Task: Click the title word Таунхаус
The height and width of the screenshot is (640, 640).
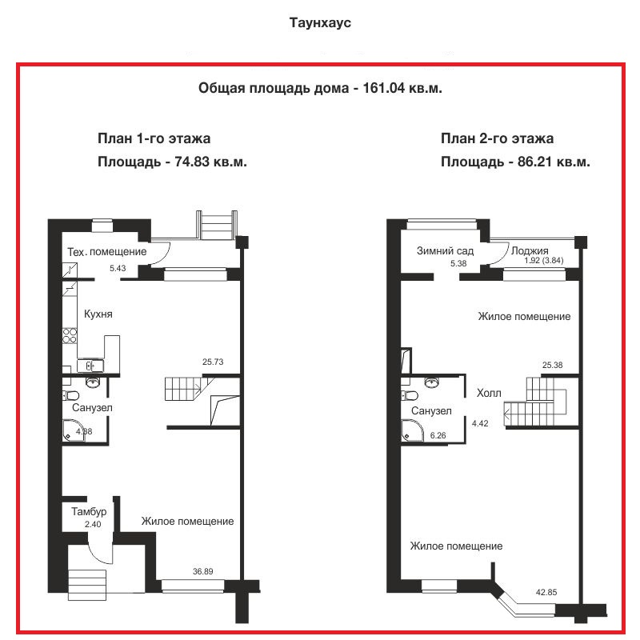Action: pos(320,22)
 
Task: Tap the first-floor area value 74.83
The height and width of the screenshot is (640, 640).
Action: pos(192,162)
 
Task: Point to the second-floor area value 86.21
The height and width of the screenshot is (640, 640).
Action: pos(535,162)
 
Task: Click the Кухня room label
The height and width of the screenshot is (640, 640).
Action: pos(98,314)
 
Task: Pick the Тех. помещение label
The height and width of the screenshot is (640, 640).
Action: pos(107,252)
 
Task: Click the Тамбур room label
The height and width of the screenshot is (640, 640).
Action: pos(89,511)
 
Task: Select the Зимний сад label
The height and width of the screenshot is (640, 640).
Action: pos(445,250)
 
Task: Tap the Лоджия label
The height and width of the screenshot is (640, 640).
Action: pos(530,250)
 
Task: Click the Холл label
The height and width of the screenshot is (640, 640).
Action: pos(489,393)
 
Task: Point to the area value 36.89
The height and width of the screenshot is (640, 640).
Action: pos(203,571)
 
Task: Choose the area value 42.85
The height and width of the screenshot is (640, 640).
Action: pos(546,592)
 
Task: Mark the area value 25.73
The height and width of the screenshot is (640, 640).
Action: pos(213,362)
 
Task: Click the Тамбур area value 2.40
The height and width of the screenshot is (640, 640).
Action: pos(93,524)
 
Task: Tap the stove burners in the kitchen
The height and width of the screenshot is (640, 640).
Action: pos(70,335)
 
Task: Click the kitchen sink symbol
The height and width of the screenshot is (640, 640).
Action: pos(90,366)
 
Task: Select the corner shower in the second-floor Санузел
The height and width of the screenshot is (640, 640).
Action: pos(412,430)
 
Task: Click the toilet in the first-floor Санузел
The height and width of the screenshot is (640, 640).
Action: pos(71,395)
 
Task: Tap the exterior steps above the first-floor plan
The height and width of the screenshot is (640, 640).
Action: pos(216,225)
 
